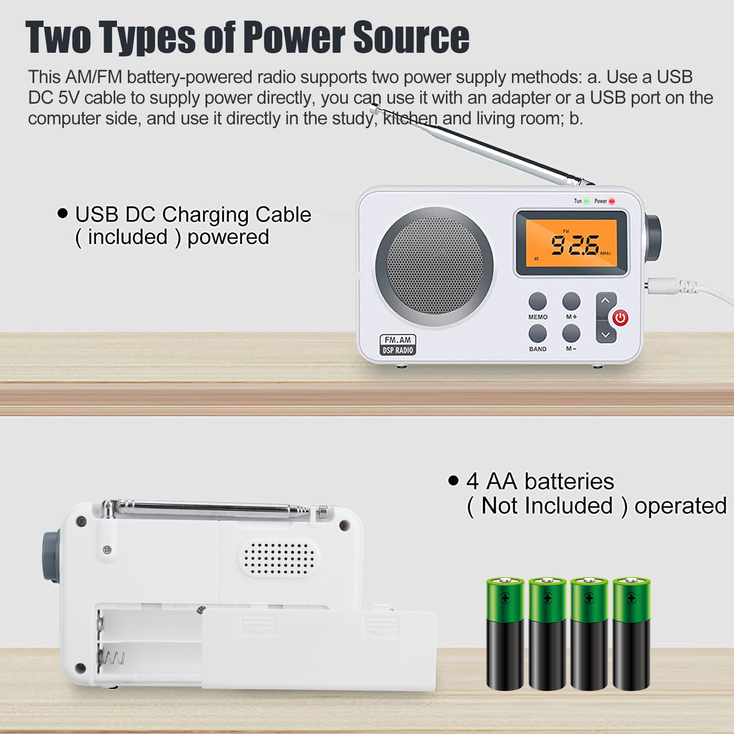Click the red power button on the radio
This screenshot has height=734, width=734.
click(x=620, y=317)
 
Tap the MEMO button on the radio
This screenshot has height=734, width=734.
click(x=538, y=302)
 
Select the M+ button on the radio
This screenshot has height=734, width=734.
click(x=571, y=302)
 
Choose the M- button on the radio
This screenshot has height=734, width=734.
click(x=571, y=334)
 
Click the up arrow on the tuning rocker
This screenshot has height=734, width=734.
click(x=606, y=301)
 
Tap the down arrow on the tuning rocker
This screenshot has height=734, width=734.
click(x=606, y=335)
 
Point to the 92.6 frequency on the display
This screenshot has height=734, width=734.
click(x=574, y=245)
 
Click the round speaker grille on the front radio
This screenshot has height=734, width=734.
click(x=434, y=267)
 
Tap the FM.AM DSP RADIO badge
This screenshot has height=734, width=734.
click(x=398, y=345)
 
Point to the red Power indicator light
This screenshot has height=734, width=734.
click(x=612, y=201)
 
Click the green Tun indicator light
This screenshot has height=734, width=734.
click(x=586, y=201)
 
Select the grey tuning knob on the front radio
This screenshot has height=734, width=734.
click(x=653, y=238)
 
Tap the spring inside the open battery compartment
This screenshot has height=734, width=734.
click(x=111, y=659)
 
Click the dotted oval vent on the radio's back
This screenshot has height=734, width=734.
click(x=279, y=558)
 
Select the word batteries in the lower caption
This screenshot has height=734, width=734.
click(x=569, y=482)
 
